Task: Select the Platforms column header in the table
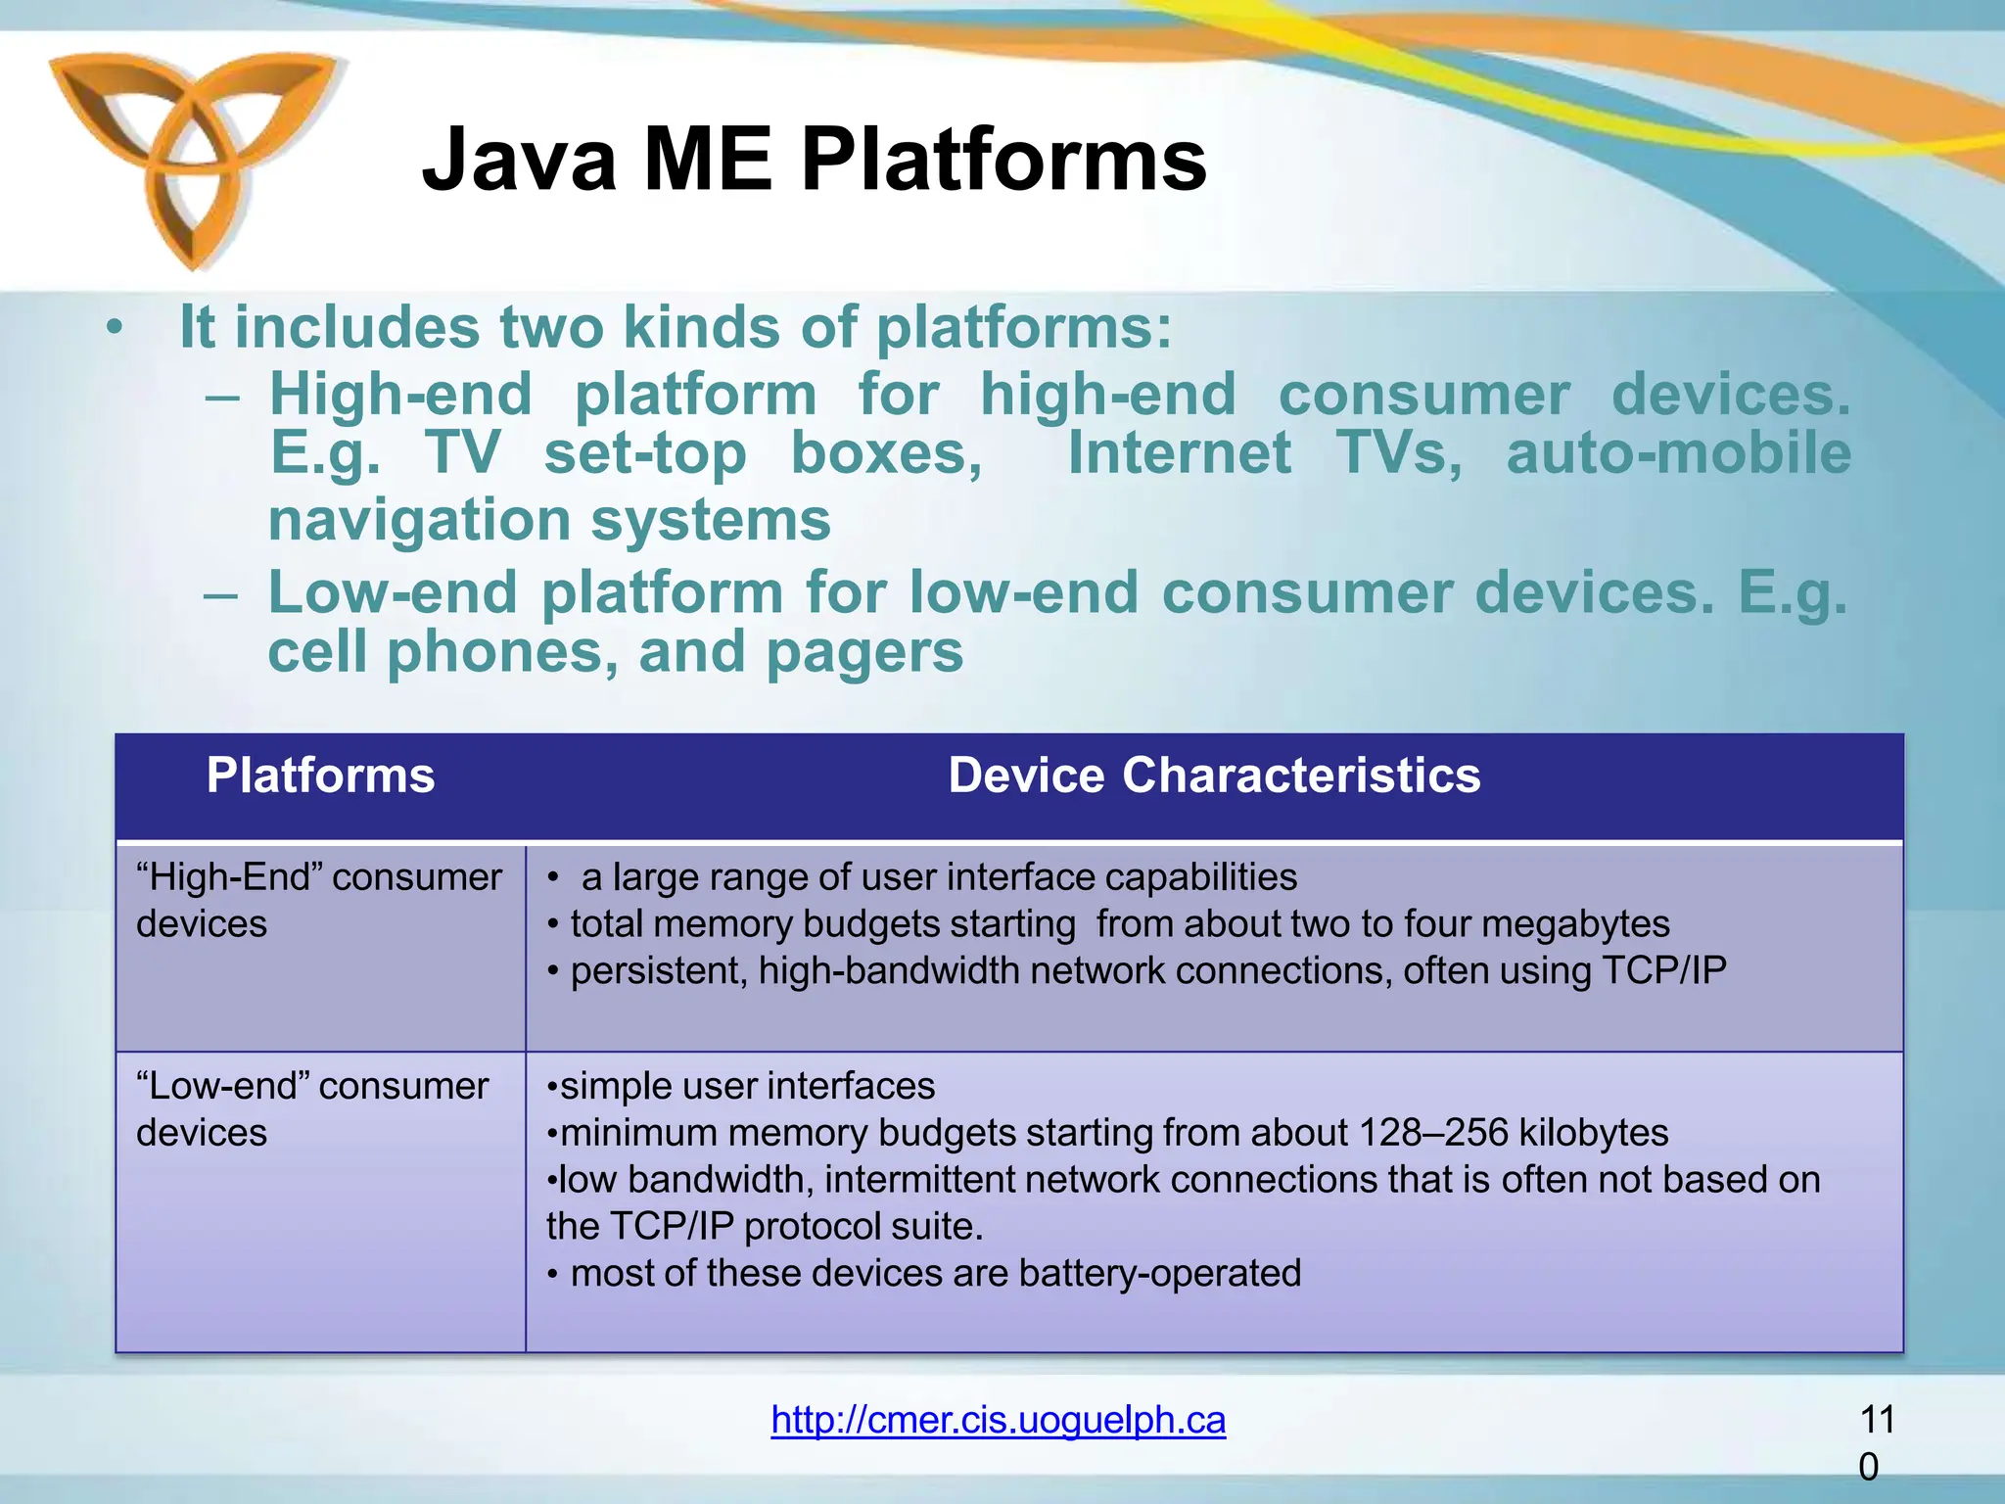[x=320, y=775]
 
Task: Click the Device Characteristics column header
[x=1214, y=775]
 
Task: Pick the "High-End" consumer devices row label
[x=318, y=900]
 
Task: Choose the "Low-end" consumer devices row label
[x=311, y=1108]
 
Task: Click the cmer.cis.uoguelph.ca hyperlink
[x=998, y=1419]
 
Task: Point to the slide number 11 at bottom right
[x=1876, y=1420]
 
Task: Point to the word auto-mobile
[x=1678, y=453]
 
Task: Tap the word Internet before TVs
[x=1179, y=453]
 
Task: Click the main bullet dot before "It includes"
[x=116, y=328]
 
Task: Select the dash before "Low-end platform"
[x=221, y=594]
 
